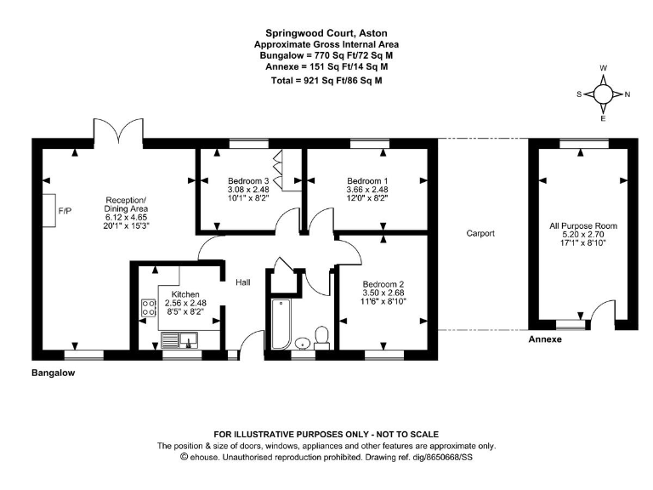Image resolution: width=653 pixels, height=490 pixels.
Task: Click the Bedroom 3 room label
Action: click(x=248, y=181)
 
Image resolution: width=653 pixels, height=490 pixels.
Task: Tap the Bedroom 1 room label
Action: click(x=367, y=181)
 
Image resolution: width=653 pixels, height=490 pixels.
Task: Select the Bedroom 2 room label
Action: click(x=383, y=285)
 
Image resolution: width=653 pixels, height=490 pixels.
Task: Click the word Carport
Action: click(x=480, y=233)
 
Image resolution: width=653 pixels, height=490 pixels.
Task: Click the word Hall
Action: click(x=243, y=282)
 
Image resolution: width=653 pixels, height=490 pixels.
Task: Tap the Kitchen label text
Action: click(x=185, y=294)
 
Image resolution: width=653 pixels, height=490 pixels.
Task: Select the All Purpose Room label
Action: click(x=583, y=226)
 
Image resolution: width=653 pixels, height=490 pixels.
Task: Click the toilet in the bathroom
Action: click(x=321, y=335)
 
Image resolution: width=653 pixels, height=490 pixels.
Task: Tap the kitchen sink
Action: click(x=179, y=341)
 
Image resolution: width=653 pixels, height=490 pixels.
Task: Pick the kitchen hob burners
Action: click(x=148, y=308)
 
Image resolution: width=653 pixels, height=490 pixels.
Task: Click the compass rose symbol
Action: click(x=603, y=94)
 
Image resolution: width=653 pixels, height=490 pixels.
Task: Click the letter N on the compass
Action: click(x=627, y=94)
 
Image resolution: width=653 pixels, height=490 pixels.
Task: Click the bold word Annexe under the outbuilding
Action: click(x=546, y=339)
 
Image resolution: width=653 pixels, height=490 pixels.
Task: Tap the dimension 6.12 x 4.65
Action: click(x=127, y=218)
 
